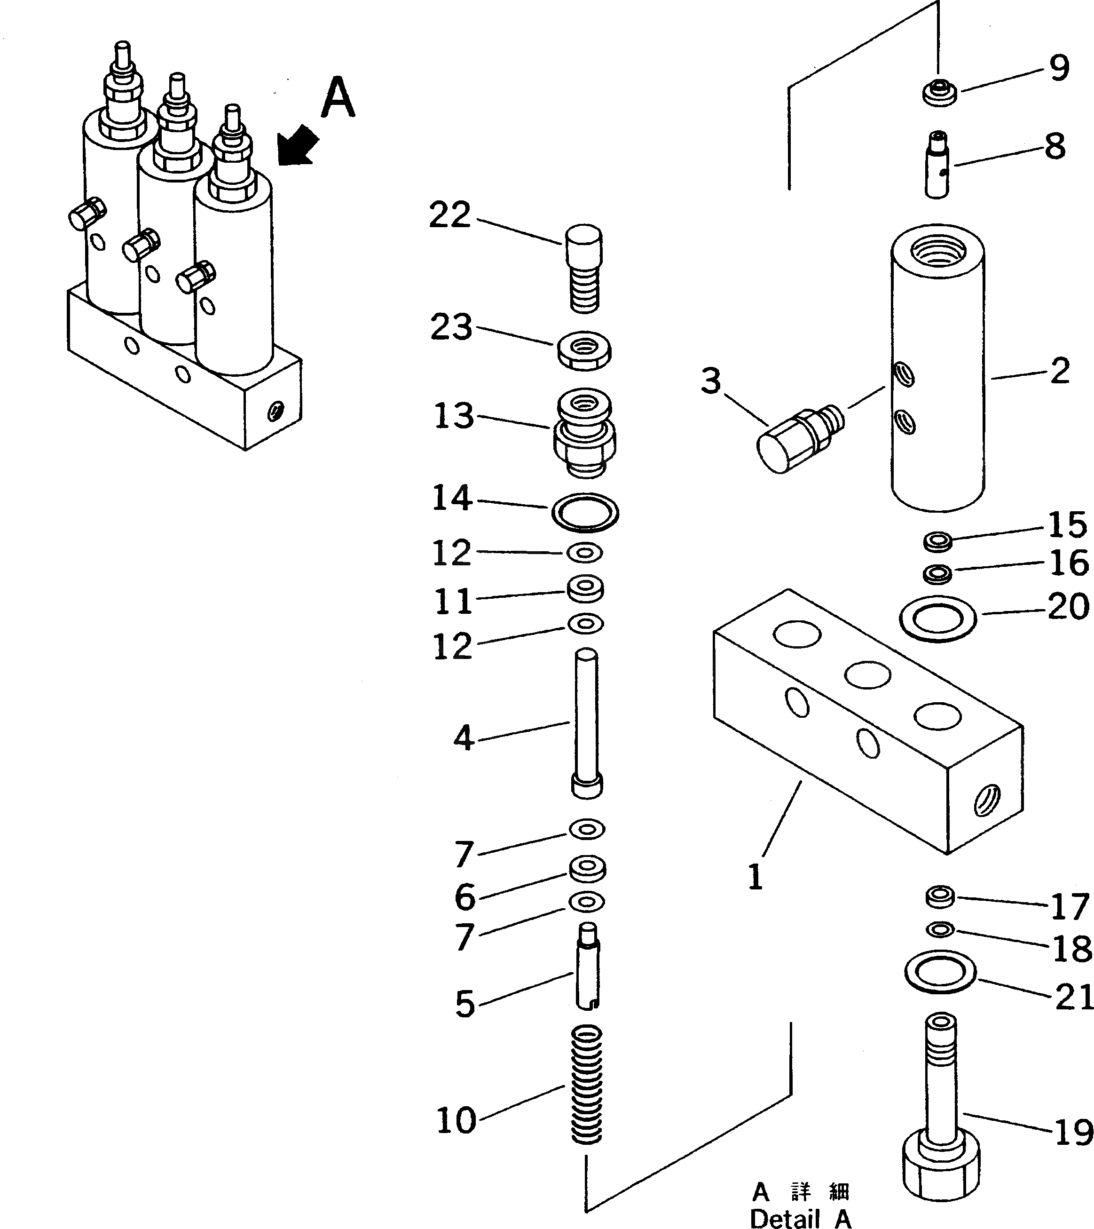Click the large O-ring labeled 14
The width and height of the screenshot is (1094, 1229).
[585, 512]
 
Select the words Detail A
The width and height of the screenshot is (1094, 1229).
[801, 1218]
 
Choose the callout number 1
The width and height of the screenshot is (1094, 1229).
[756, 877]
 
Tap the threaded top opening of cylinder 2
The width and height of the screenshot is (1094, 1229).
[938, 248]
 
